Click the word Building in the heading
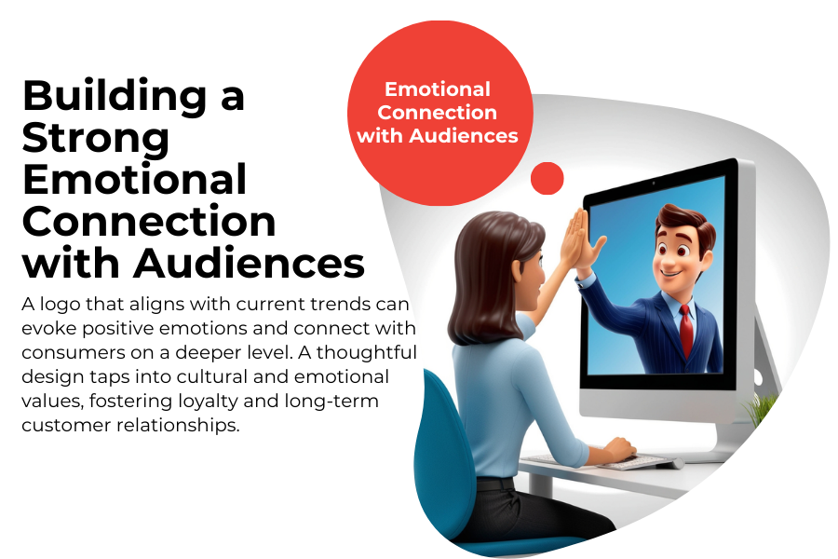(115, 95)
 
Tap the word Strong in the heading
(96, 137)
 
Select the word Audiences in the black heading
(249, 263)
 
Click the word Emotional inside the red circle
(438, 89)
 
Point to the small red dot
(547, 178)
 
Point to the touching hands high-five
(581, 240)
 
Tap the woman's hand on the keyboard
(620, 448)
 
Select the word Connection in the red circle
(438, 113)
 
